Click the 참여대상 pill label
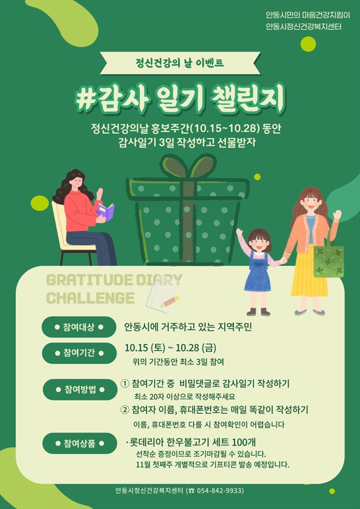pyautogui.click(x=79, y=327)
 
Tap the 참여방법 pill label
pyautogui.click(x=80, y=389)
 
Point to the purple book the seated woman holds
pyautogui.click(x=104, y=212)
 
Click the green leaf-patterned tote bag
pyautogui.click(x=328, y=261)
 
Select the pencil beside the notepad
pyautogui.click(x=171, y=301)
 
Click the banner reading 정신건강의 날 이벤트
pyautogui.click(x=180, y=62)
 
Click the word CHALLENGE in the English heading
pyautogui.click(x=91, y=298)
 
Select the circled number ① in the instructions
pyautogui.click(x=125, y=384)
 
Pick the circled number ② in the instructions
pyautogui.click(x=125, y=410)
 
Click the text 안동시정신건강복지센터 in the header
pyautogui.click(x=304, y=27)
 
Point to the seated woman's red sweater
pyautogui.click(x=81, y=211)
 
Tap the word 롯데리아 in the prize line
pyautogui.click(x=145, y=442)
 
